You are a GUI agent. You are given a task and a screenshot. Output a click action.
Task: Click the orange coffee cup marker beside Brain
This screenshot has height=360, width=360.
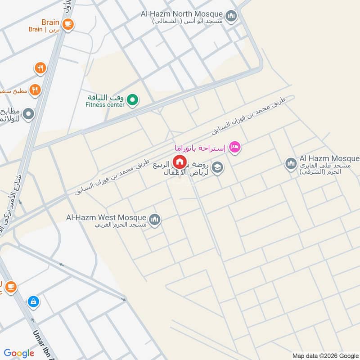pos(67,24)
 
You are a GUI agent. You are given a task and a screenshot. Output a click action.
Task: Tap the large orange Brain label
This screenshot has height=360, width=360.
pos(50,22)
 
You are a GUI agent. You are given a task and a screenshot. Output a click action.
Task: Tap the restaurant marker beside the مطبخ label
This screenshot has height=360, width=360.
pos(35,90)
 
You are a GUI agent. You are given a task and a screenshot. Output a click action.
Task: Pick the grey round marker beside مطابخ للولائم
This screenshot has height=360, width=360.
pos(28,114)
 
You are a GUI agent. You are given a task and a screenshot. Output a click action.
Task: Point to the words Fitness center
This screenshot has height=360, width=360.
pos(105,105)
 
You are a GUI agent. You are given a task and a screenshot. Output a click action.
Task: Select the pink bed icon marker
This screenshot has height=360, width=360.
pos(235,147)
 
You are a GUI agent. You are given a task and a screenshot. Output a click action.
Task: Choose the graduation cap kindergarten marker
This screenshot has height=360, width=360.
pos(218,168)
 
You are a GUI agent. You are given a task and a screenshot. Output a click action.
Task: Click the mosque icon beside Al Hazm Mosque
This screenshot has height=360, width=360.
pos(291,164)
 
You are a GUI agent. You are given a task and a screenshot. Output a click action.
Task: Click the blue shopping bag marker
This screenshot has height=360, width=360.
pos(33,301)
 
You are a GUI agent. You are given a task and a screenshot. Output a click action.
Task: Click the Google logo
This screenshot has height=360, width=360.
pos(19,353)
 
